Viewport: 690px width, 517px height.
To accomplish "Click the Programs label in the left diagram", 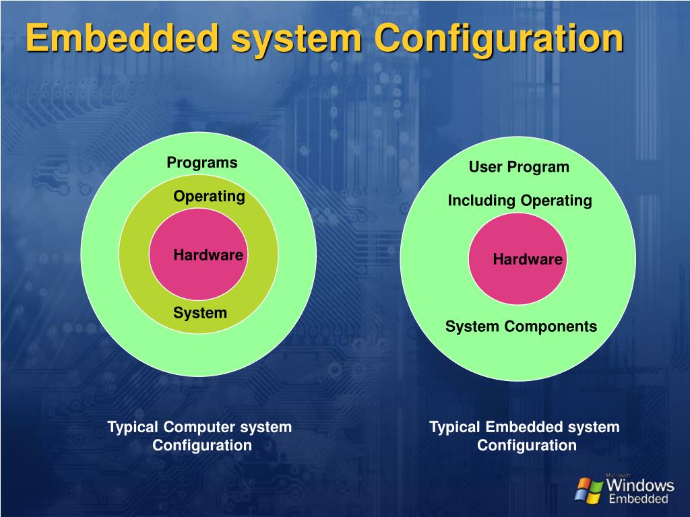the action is tap(202, 163).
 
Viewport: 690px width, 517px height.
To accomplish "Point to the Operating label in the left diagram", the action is tap(209, 197).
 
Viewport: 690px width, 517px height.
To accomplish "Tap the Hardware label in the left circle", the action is tap(208, 255).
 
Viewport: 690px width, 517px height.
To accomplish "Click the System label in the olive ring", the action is tap(200, 313).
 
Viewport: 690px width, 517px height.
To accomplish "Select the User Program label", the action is tap(519, 167).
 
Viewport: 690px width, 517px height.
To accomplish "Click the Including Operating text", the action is tap(520, 201).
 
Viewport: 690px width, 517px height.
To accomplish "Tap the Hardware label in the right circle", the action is tap(528, 260).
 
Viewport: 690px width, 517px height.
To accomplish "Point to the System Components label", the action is tap(521, 327).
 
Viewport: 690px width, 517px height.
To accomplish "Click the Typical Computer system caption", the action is tap(200, 427).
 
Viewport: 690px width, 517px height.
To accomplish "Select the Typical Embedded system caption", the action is tap(524, 427).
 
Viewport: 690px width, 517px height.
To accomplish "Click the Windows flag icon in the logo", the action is tap(589, 489).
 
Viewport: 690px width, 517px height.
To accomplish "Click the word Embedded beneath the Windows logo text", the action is tap(638, 499).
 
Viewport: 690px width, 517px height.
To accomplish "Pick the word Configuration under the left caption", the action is tap(202, 446).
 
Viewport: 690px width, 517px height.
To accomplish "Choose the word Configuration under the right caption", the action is tap(527, 446).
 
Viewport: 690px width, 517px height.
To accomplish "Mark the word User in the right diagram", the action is tap(486, 167).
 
